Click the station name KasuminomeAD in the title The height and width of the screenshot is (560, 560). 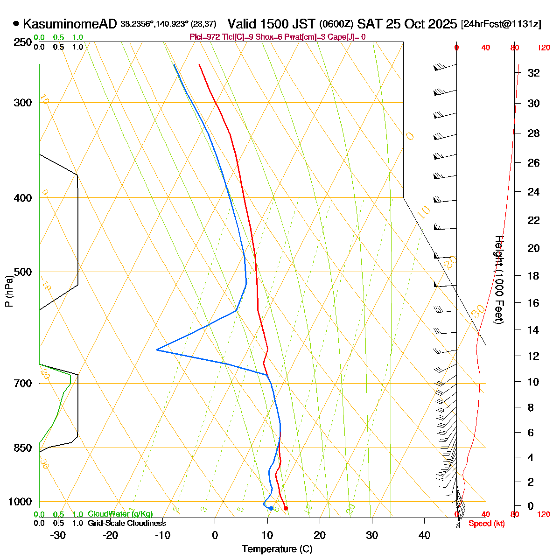tap(70, 24)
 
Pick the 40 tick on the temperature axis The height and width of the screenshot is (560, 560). tap(424, 535)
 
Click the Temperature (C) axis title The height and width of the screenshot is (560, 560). tap(277, 549)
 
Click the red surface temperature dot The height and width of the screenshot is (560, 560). tap(286, 508)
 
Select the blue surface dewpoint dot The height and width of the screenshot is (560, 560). tap(271, 508)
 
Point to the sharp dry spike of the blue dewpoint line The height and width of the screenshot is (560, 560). tap(157, 350)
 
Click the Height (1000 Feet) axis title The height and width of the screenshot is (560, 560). tap(498, 280)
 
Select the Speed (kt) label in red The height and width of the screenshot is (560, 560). tap(487, 524)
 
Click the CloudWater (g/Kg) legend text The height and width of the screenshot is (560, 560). tap(120, 514)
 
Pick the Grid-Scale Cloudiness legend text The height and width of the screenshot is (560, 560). tap(126, 523)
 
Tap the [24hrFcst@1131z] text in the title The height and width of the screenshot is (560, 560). tap(501, 24)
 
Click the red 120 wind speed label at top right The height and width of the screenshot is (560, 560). tap(544, 48)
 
